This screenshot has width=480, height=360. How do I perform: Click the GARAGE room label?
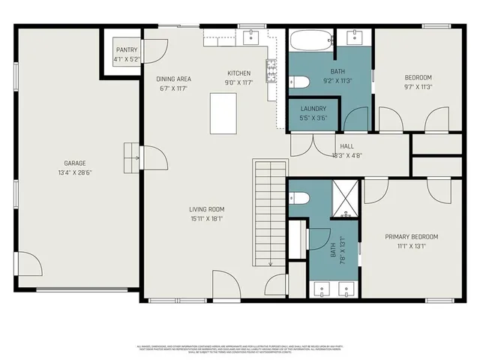[x=74, y=163]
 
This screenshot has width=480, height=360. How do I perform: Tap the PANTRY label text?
[x=127, y=49]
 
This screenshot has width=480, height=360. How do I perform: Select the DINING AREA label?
[x=173, y=79]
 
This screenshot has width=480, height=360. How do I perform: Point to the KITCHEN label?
[x=239, y=73]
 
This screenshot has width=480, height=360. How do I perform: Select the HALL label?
[x=346, y=147]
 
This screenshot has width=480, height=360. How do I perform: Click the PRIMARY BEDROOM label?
[x=412, y=237]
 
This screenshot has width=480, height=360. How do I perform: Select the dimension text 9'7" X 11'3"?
[x=418, y=86]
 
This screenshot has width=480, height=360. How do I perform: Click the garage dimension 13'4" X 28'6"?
[x=74, y=172]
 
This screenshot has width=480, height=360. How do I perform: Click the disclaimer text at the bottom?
[x=240, y=349]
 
